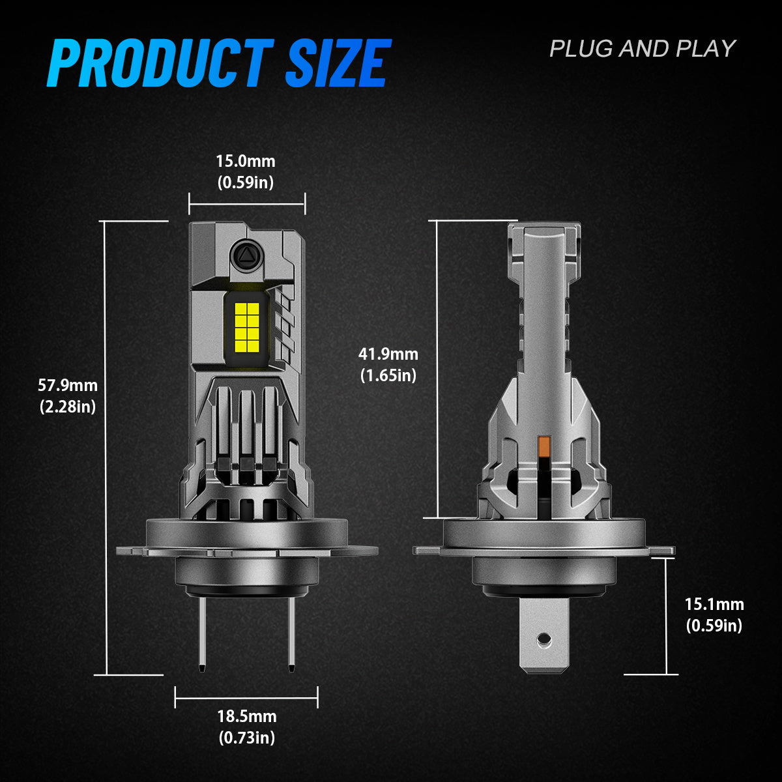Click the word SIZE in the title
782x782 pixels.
coord(338,63)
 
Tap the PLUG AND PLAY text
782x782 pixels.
coord(642,49)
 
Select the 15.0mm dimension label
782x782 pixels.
coord(246,161)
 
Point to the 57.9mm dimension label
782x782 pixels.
coord(68,385)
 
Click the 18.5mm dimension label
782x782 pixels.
coord(246,716)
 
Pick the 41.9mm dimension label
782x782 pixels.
coord(388,354)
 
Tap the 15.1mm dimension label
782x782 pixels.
coord(714,604)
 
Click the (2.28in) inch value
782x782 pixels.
coord(68,407)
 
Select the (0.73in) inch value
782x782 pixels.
coord(246,738)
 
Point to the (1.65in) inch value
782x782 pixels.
coord(388,375)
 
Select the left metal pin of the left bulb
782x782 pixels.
coord(203,632)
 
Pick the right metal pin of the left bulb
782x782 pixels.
coord(291,632)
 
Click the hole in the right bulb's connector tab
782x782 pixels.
coord(542,642)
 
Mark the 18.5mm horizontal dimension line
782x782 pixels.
coord(246,698)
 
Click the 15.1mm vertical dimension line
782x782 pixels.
coord(667,616)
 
